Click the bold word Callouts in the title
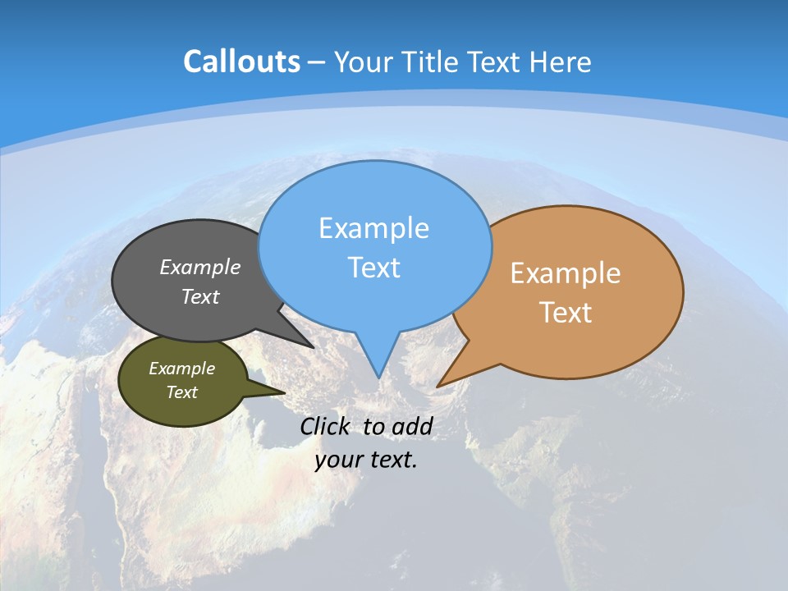[241, 62]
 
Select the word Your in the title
[362, 62]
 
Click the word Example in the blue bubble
[373, 228]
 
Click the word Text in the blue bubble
[373, 268]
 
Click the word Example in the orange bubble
[566, 273]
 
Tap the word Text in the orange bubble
[566, 313]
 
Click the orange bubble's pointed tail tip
[438, 385]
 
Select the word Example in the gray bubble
[200, 268]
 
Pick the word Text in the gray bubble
[200, 296]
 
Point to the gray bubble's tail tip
[312, 346]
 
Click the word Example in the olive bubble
[181, 369]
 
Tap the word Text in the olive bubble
[181, 392]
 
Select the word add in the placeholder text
[412, 426]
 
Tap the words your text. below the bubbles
[366, 460]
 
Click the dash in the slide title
[317, 62]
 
